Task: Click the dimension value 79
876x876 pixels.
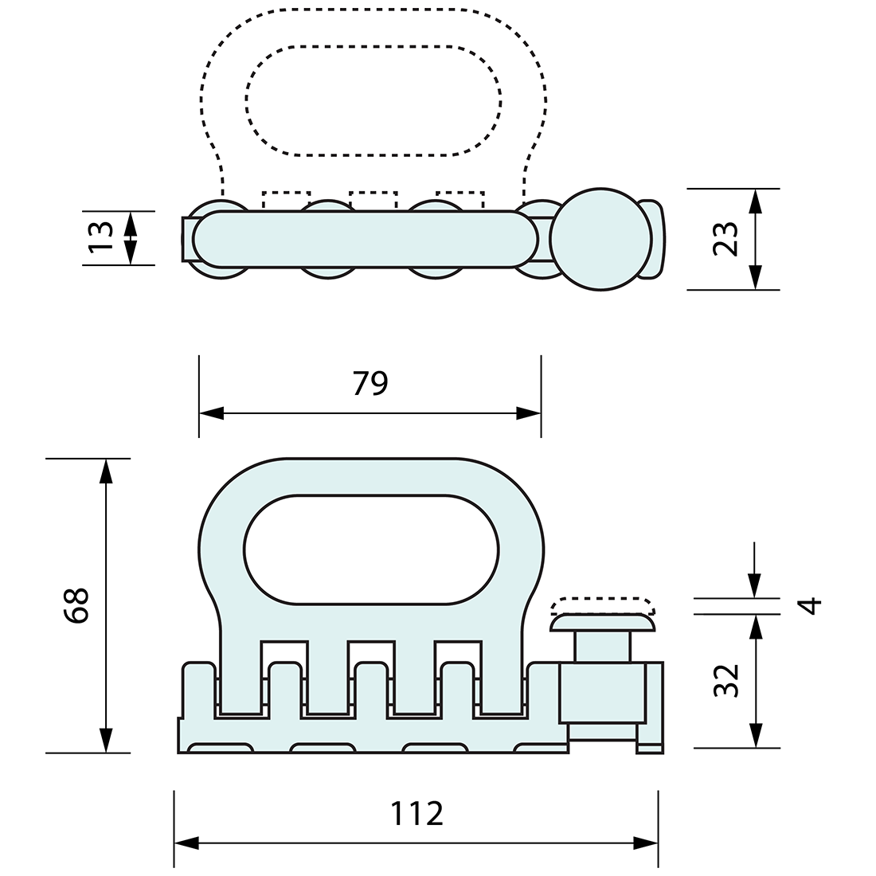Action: pyautogui.click(x=370, y=384)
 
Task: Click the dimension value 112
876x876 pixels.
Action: pyautogui.click(x=416, y=814)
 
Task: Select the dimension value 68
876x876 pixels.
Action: pyautogui.click(x=77, y=605)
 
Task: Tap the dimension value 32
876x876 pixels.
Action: pyautogui.click(x=726, y=681)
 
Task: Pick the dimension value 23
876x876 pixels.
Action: pyautogui.click(x=725, y=238)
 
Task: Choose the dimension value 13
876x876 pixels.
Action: pyautogui.click(x=100, y=237)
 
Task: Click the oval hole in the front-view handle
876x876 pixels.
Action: pyautogui.click(x=371, y=549)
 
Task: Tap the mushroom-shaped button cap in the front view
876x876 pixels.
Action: pyautogui.click(x=602, y=622)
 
